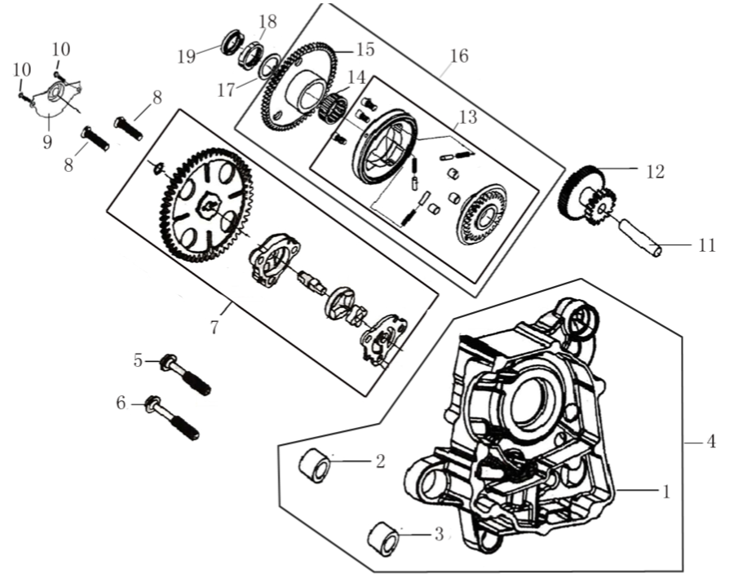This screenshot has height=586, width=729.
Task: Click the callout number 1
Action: [666, 491]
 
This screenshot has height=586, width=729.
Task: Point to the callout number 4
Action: [711, 443]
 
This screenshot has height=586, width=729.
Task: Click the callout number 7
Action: [214, 328]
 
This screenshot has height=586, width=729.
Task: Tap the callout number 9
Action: [47, 142]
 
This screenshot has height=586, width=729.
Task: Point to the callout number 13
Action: [466, 118]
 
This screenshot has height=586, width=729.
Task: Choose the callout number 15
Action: [364, 50]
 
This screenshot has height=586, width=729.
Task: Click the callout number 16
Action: [458, 56]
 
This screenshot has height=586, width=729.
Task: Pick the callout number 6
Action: [121, 403]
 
